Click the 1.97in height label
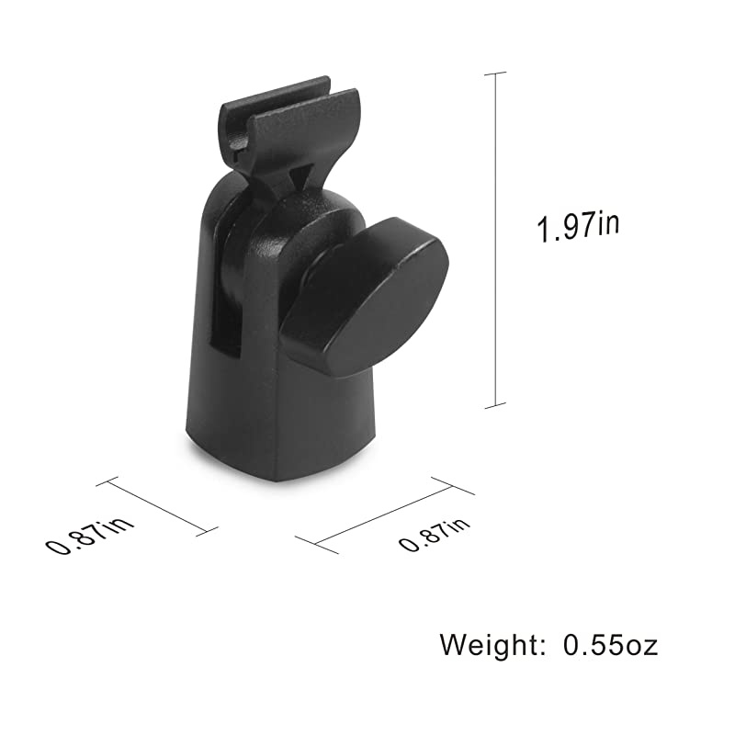click(578, 226)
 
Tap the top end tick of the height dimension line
click(496, 73)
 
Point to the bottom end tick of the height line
click(496, 404)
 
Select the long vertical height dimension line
click(496, 239)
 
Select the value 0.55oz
click(610, 644)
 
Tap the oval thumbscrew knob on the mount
click(366, 296)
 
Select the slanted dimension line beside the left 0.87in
click(157, 504)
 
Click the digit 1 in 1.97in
click(544, 230)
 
